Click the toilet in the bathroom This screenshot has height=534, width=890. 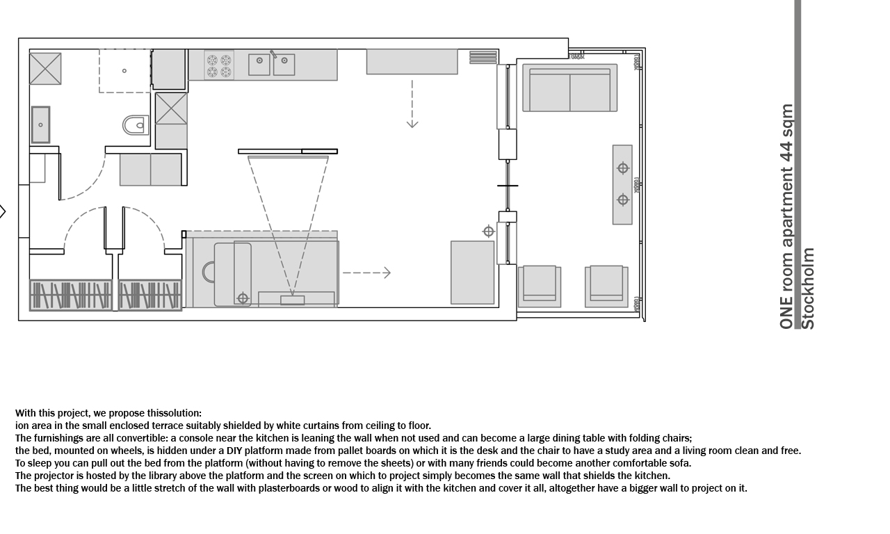pos(136,125)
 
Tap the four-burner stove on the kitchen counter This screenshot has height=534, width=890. pos(219,66)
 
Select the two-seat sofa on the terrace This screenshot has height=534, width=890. pos(569,88)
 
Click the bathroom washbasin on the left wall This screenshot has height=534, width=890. pos(40,124)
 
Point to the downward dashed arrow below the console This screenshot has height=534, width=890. pos(412,104)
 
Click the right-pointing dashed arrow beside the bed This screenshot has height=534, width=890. pos(366,273)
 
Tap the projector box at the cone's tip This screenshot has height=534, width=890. pos(293,300)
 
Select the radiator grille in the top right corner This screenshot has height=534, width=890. pos(483,57)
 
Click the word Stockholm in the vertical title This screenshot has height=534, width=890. pos(808,289)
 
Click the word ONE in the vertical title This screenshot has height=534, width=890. pos(786,313)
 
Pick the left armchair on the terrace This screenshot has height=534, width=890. pos(540,286)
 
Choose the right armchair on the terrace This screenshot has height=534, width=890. pos(606,286)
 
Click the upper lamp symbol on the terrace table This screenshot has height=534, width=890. pos(622,168)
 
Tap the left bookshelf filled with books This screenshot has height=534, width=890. pos(71,296)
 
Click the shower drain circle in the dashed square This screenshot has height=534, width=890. pos(124,71)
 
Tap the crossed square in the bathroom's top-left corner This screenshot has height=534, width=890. pos(45,69)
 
